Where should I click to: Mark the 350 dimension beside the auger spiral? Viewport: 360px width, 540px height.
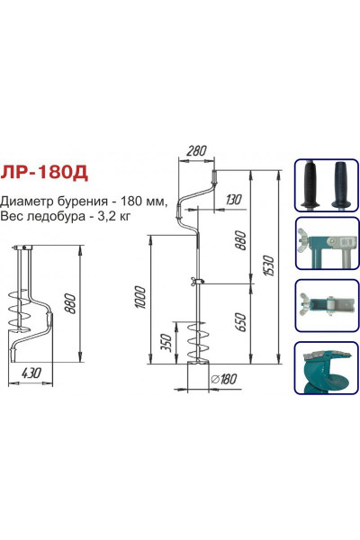point(163,344)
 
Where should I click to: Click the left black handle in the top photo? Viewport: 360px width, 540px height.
point(313,184)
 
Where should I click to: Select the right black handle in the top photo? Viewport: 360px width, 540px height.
point(341,184)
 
